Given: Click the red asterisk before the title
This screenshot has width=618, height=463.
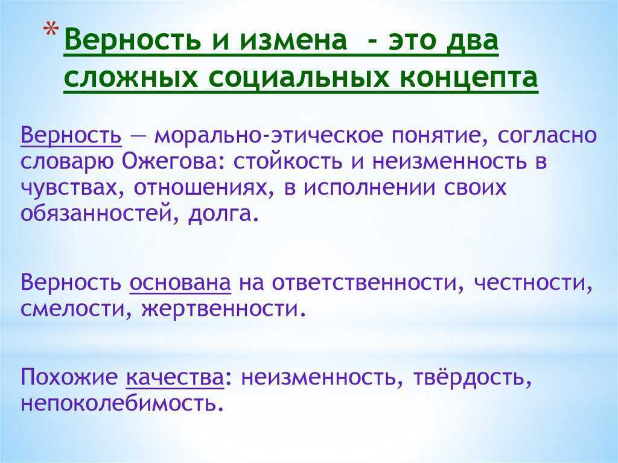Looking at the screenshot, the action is tap(51, 31).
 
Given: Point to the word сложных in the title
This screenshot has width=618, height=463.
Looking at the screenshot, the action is tap(131, 77).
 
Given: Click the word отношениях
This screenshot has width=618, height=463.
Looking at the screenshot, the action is tap(205, 188).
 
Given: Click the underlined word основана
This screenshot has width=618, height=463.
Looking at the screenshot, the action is tap(180, 283).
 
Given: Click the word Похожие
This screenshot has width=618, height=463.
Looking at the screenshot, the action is tap(69, 377).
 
